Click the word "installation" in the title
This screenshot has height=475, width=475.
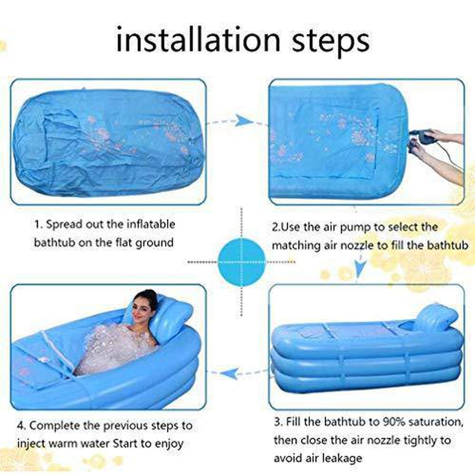point(198,40)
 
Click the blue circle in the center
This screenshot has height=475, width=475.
point(241,262)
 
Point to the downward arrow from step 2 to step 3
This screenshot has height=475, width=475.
point(359,266)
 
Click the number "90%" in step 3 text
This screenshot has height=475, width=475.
point(393,421)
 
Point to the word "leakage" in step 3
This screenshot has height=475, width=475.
point(343,458)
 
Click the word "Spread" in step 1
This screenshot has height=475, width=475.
point(64,225)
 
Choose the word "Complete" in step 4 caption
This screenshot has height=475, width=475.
point(55,426)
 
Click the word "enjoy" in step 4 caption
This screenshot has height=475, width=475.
point(170,444)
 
